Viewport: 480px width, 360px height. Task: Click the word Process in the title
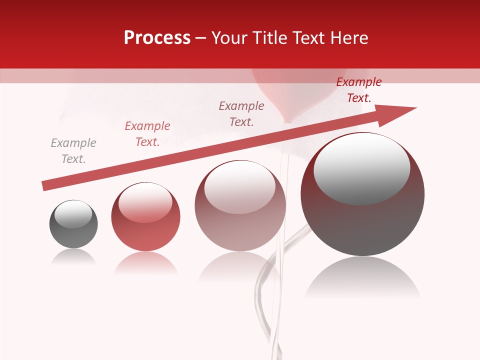coord(157,38)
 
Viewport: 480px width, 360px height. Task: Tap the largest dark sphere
coord(362,220)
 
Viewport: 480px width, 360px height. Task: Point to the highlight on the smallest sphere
coord(73,214)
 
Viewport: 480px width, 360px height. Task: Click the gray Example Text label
coord(73,151)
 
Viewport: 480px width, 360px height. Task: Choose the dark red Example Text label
coord(358,90)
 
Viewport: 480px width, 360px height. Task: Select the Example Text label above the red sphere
coord(147,134)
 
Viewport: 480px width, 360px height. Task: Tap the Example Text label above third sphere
coord(241,113)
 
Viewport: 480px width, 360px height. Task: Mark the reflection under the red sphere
coord(145,262)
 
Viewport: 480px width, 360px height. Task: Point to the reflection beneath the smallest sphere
coord(73,257)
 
